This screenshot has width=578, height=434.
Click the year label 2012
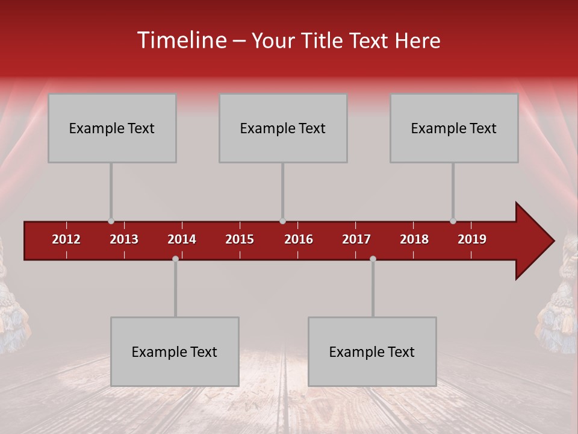click(66, 239)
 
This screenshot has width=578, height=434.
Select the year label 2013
click(124, 239)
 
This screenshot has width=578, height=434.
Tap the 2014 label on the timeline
click(182, 239)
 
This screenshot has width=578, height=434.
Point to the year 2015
click(240, 239)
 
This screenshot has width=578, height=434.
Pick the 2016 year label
click(299, 239)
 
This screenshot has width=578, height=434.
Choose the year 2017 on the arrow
click(356, 239)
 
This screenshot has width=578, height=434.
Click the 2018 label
click(414, 239)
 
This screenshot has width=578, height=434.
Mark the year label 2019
click(472, 239)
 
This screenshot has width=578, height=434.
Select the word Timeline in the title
click(181, 40)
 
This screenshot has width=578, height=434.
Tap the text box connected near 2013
click(112, 128)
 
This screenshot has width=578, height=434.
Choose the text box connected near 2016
click(283, 128)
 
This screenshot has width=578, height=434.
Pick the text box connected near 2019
click(454, 128)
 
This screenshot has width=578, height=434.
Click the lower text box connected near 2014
click(175, 351)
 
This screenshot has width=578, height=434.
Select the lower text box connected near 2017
click(372, 351)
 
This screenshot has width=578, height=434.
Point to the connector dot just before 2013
click(111, 221)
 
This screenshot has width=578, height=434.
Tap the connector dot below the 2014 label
click(175, 259)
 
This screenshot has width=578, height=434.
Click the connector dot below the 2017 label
click(373, 259)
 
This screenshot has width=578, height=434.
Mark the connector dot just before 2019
click(453, 221)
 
